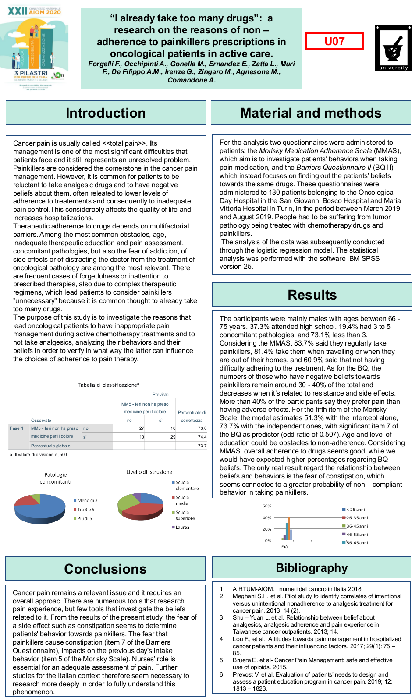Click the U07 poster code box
coord(334,41)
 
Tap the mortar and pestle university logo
coord(394,47)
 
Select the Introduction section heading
coord(106,113)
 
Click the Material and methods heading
coord(311,113)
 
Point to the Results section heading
coord(312,295)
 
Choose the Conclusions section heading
coord(105,569)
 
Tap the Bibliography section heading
coord(312,568)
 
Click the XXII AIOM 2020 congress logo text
coord(34,11)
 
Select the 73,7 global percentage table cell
coord(202,446)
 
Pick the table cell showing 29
coord(173,437)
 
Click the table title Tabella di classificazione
coord(108,385)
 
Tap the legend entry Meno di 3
coord(87,501)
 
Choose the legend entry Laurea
coord(182,528)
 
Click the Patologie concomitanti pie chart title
coord(56,478)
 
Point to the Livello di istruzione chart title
coord(149,472)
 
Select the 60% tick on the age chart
coord(267,506)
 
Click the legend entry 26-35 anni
coord(357,518)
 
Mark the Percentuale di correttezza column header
coord(192,416)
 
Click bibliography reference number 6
coord(222,674)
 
